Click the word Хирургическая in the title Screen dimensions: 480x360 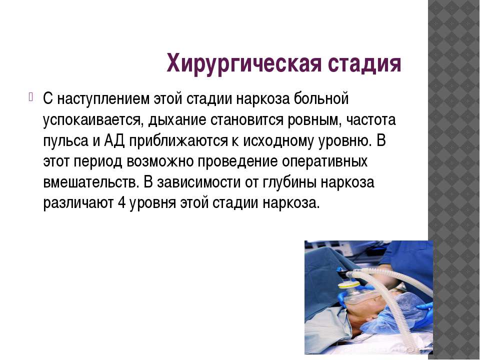click(x=244, y=63)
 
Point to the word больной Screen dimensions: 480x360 click(x=321, y=98)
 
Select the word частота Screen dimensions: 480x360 click(x=371, y=119)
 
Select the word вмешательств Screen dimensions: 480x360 click(x=90, y=182)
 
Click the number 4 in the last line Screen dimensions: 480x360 click(x=121, y=202)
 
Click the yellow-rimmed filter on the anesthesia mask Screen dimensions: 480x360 click(x=349, y=285)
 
